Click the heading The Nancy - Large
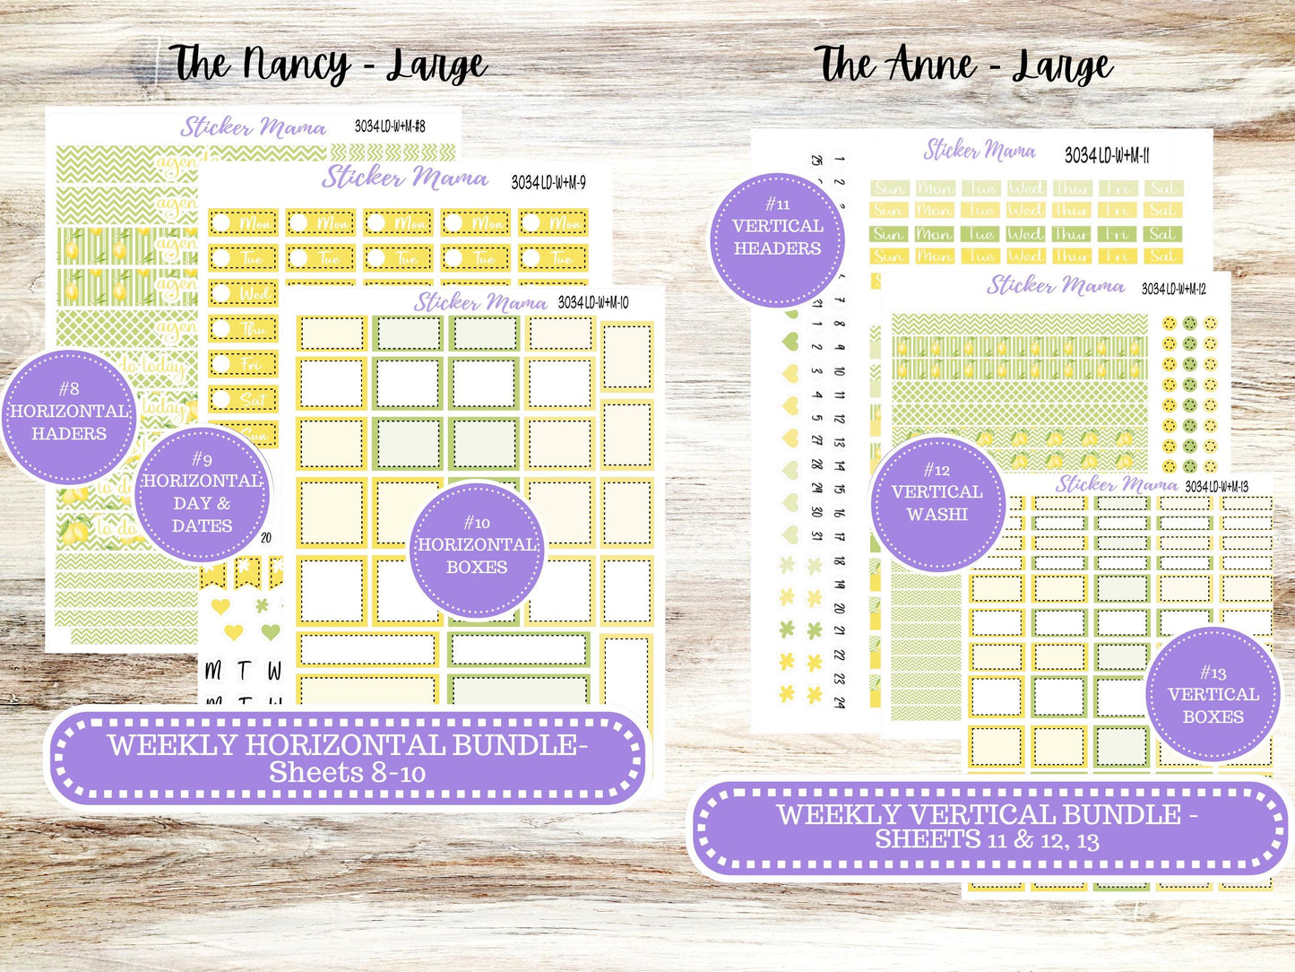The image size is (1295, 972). pos(328,65)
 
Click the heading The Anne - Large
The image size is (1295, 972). pos(964,65)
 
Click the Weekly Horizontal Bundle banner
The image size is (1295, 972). pos(348,757)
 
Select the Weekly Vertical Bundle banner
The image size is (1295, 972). pos(988,827)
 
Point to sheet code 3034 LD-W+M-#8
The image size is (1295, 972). pos(390,126)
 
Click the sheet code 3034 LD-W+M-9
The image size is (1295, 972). pos(548,183)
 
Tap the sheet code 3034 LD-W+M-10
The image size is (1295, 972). pos(593,303)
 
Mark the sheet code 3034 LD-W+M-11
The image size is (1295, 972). pos(1107,155)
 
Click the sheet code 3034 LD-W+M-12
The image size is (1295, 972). pos(1174,289)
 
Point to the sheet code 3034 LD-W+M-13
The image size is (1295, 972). pos(1216,487)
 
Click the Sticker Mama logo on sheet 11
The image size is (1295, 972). pos(980,150)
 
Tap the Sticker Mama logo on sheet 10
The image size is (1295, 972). pos(479,302)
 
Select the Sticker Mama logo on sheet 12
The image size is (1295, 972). pos(1056,285)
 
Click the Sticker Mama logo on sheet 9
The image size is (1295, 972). pos(405,177)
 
